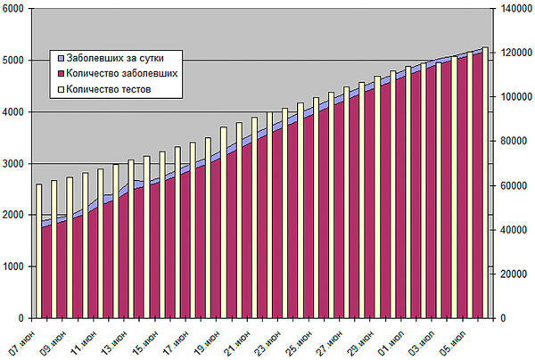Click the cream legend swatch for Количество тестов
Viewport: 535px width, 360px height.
[x=60, y=89]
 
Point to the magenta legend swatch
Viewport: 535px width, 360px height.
[x=60, y=72]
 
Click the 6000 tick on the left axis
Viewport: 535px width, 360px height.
[x=15, y=9]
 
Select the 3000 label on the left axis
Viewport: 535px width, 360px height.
[x=15, y=164]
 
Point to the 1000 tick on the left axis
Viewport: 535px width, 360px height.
[x=15, y=267]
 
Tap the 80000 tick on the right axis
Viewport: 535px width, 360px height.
[x=508, y=142]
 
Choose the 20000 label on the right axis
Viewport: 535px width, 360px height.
[x=508, y=274]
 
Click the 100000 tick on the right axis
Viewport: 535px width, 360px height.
[x=511, y=97]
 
